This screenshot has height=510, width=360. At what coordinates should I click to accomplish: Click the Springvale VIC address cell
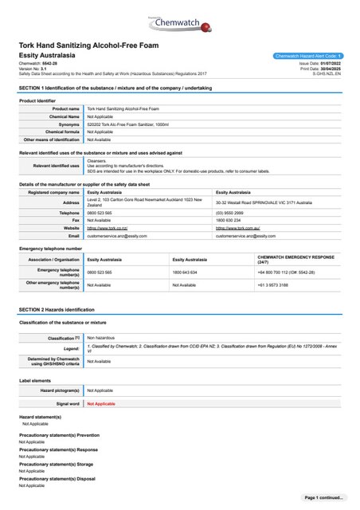[266, 204]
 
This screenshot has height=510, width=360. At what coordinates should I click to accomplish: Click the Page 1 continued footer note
[324, 497]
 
